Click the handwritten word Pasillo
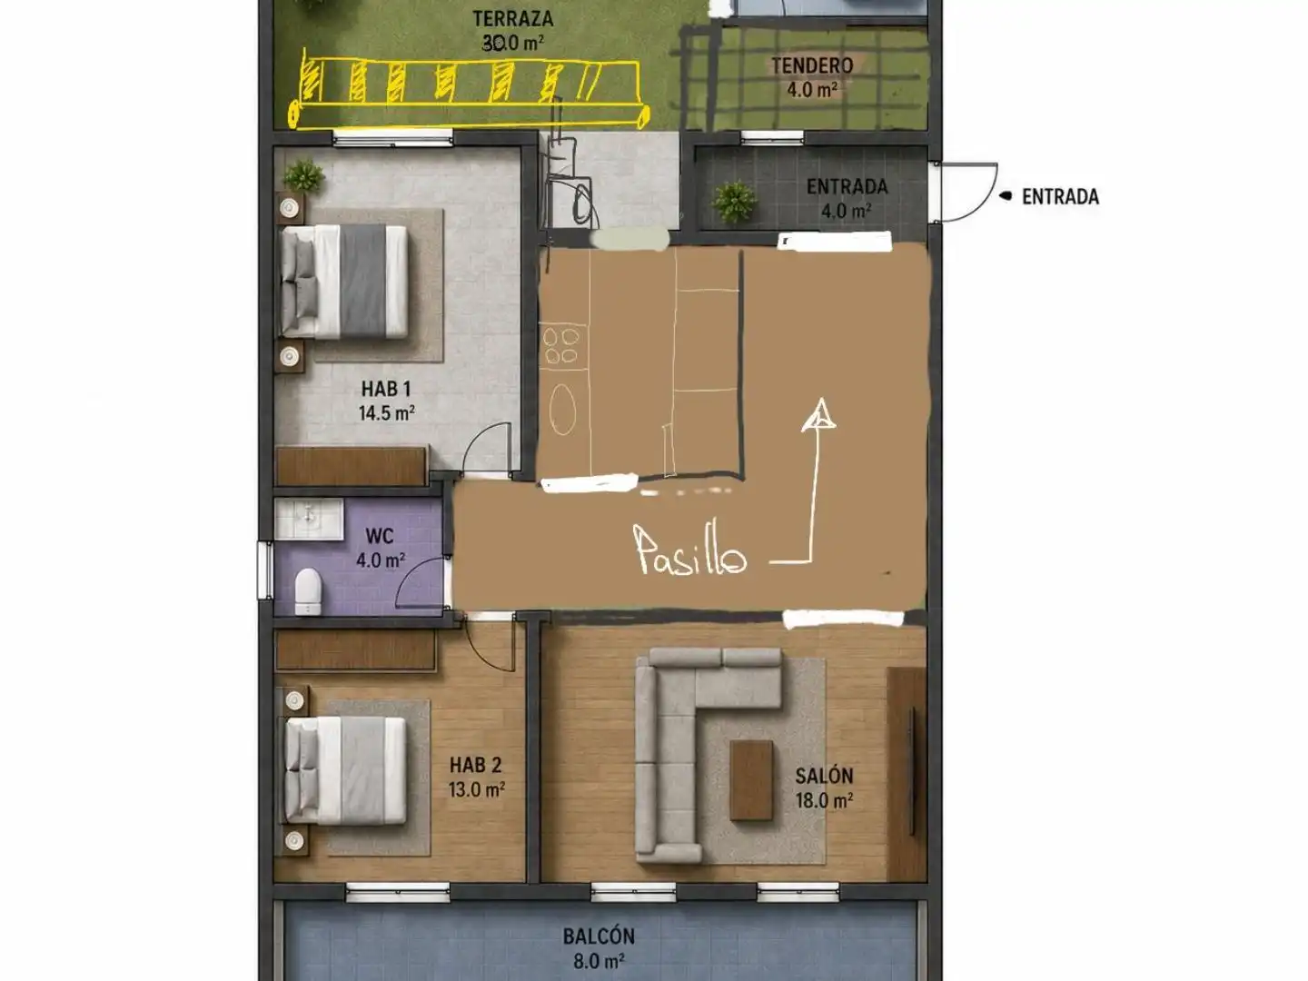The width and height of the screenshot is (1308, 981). tap(691, 550)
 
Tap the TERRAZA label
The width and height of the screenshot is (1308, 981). tap(513, 18)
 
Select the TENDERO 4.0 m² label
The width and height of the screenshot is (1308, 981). tap(812, 77)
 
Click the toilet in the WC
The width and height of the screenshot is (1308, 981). tap(308, 590)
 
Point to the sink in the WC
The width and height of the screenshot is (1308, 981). tap(309, 519)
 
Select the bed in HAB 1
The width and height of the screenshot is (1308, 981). tap(344, 282)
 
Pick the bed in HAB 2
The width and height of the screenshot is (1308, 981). tap(346, 771)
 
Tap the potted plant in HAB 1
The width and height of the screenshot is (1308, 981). tap(303, 175)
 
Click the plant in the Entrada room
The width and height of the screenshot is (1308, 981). tap(735, 202)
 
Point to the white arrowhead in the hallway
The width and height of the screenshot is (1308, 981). tap(819, 414)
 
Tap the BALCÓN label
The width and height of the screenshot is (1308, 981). tap(599, 936)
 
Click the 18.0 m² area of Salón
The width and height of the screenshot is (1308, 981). tap(824, 800)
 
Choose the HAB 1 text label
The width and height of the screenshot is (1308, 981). tap(386, 389)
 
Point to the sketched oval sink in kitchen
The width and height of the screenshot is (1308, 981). tap(562, 409)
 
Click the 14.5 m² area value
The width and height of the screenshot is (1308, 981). tap(387, 412)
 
